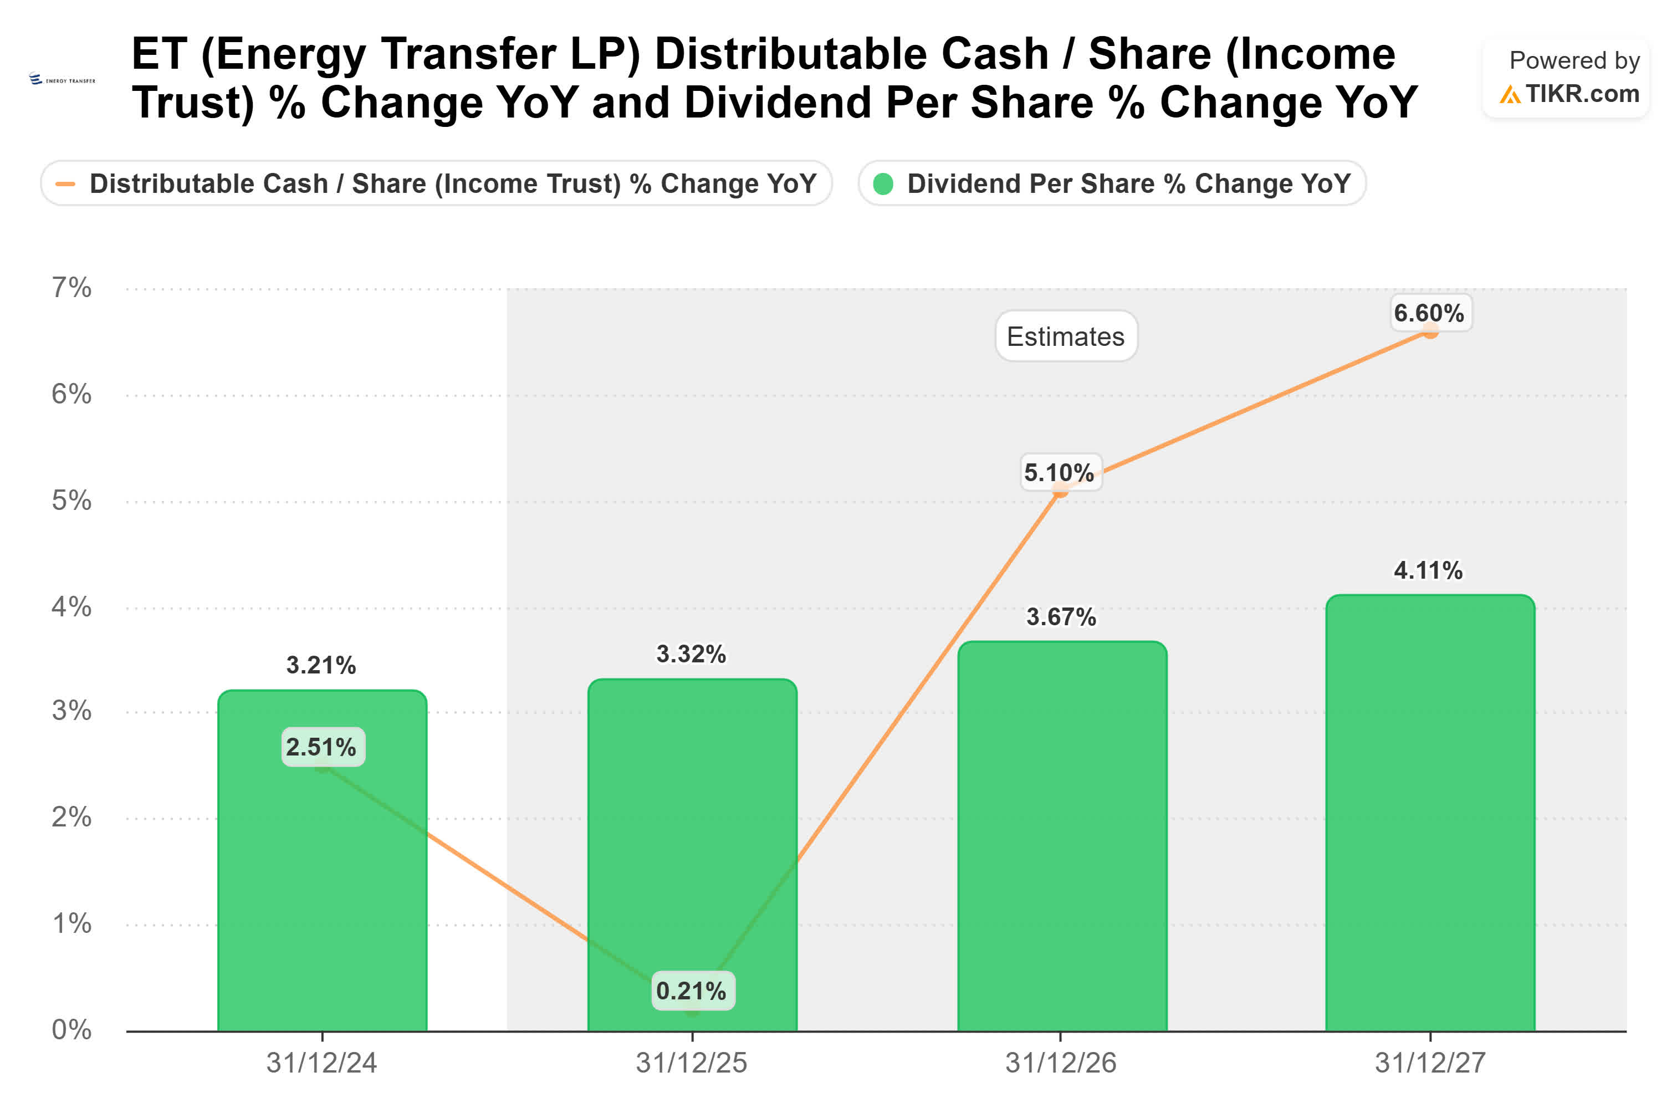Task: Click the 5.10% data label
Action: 1059,472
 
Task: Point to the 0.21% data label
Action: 691,991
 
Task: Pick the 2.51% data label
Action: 321,747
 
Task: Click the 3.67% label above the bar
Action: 1061,617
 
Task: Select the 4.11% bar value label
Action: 1428,570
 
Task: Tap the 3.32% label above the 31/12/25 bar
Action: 691,654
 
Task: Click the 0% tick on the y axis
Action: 71,1029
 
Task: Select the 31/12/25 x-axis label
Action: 691,1063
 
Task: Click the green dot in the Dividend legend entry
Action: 882,184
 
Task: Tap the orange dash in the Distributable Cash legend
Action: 65,184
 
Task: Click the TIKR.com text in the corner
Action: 1582,94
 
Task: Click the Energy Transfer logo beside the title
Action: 62,79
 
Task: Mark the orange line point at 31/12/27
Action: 1430,331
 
